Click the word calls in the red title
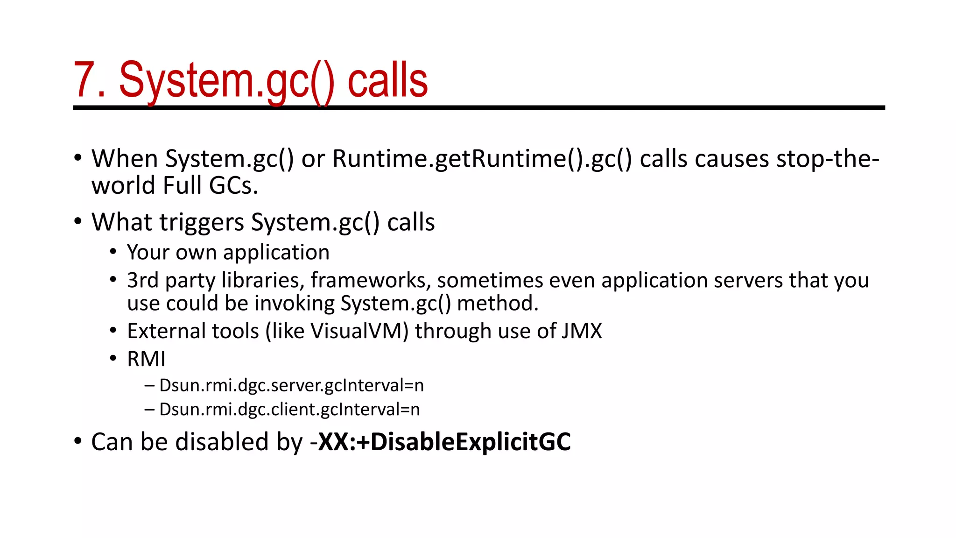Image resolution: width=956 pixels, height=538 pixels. (387, 80)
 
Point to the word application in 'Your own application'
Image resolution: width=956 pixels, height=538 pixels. (276, 253)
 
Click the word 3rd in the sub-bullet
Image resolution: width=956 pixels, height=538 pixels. (143, 280)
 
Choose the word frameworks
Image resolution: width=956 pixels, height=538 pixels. (371, 280)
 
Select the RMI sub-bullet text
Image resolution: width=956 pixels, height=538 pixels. (146, 359)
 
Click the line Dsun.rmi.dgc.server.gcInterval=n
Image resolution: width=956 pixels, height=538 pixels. (291, 386)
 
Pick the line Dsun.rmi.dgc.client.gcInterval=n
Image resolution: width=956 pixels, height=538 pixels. (289, 410)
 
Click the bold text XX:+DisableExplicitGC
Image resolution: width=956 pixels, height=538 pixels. (444, 442)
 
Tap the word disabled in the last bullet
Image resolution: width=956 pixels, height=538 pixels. (222, 442)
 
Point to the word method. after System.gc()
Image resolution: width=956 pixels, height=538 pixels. (498, 304)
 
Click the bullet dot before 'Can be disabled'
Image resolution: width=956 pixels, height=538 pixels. (78, 441)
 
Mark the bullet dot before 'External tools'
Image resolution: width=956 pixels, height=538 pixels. (113, 331)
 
